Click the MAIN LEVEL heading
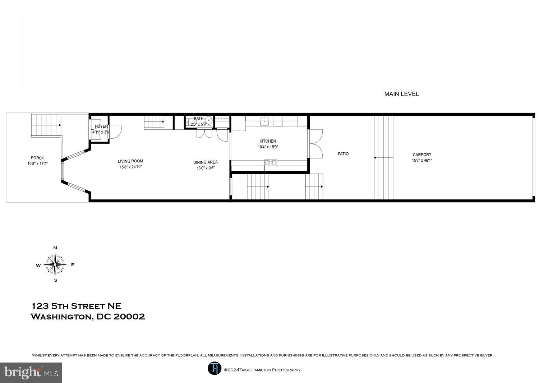(x=401, y=94)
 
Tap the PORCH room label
(x=38, y=158)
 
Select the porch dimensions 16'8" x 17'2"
(x=37, y=163)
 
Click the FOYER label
(x=101, y=126)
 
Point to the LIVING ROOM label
(x=130, y=161)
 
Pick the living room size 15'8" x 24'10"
(x=130, y=167)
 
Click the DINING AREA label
(x=205, y=162)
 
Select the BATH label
(x=199, y=119)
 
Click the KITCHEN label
(x=268, y=141)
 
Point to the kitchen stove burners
(x=271, y=163)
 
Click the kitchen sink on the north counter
(x=265, y=121)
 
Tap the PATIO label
(x=343, y=154)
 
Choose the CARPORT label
(x=422, y=155)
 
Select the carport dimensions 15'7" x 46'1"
(x=422, y=161)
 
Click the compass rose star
(x=55, y=264)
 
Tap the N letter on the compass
(x=55, y=248)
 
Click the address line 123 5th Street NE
(x=77, y=306)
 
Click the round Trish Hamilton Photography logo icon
(x=215, y=368)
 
